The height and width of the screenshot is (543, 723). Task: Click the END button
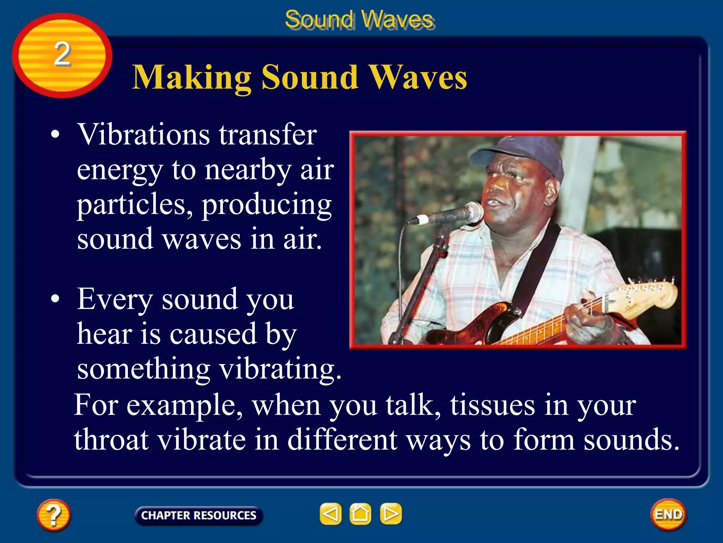click(668, 514)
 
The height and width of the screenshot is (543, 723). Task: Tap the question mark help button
click(54, 515)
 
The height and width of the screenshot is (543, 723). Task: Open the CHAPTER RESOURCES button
click(198, 515)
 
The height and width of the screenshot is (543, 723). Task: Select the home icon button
click(360, 514)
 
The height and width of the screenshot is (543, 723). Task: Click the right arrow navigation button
click(390, 514)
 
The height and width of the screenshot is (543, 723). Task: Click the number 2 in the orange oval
click(62, 54)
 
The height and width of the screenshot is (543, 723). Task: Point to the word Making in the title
click(191, 78)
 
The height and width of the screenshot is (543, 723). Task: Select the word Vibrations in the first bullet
click(144, 135)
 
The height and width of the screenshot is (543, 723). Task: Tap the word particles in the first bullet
click(135, 205)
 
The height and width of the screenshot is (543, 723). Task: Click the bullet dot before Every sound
click(55, 299)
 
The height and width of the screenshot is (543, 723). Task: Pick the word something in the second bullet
click(143, 369)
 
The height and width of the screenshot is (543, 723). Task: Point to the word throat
click(111, 440)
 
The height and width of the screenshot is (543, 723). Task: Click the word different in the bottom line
click(342, 440)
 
